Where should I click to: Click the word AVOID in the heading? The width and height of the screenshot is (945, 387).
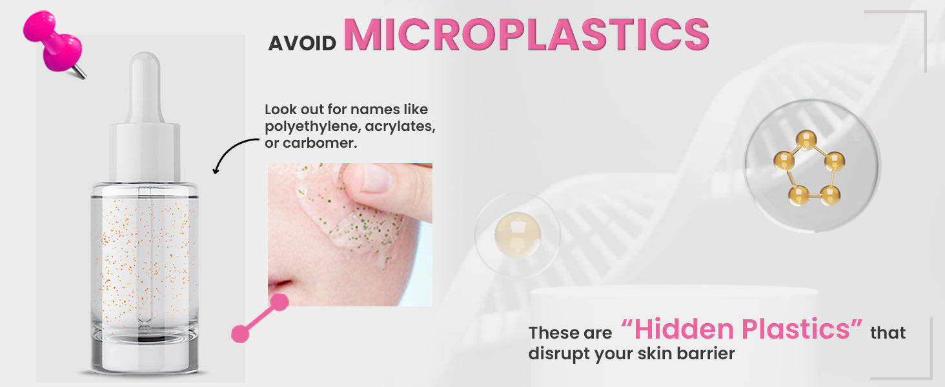[x=302, y=43]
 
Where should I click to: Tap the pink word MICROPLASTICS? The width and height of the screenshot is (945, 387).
[x=527, y=35]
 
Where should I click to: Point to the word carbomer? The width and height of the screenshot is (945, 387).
[x=320, y=143]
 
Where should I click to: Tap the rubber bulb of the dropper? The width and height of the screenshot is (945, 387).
[x=145, y=88]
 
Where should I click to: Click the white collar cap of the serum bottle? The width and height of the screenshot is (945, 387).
[x=145, y=153]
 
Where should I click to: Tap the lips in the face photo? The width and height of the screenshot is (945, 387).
[x=278, y=285]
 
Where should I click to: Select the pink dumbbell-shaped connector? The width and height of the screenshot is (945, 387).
[x=260, y=318]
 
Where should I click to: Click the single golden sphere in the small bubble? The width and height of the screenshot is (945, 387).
[x=517, y=234]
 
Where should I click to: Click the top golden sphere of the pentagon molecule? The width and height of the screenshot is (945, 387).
[x=806, y=140]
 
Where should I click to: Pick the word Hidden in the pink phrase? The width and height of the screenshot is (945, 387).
[x=684, y=329]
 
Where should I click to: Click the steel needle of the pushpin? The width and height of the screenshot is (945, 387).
[x=79, y=72]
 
